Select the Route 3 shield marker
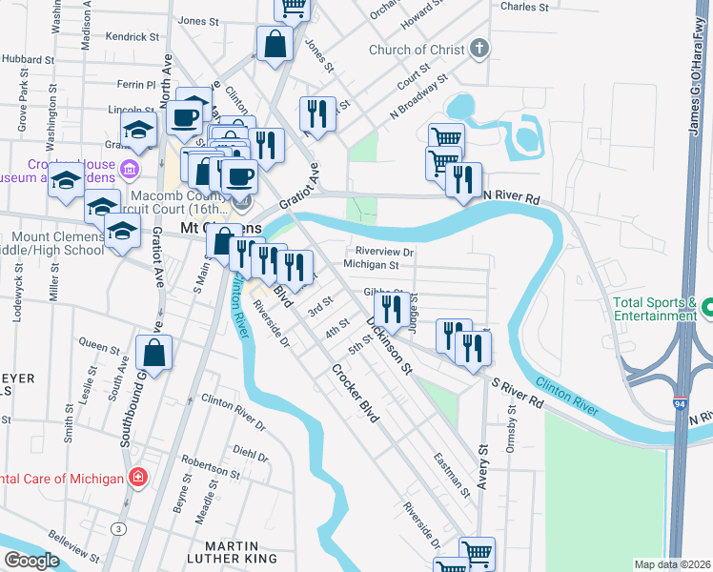[117, 527]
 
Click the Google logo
[31, 561]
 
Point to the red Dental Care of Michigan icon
[138, 477]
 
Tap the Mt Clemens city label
[221, 229]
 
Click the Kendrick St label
[132, 37]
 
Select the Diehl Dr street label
[251, 454]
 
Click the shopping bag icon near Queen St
[154, 354]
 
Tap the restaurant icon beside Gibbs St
[392, 309]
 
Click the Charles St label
[524, 7]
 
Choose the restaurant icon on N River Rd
[463, 180]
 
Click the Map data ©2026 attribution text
[671, 564]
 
